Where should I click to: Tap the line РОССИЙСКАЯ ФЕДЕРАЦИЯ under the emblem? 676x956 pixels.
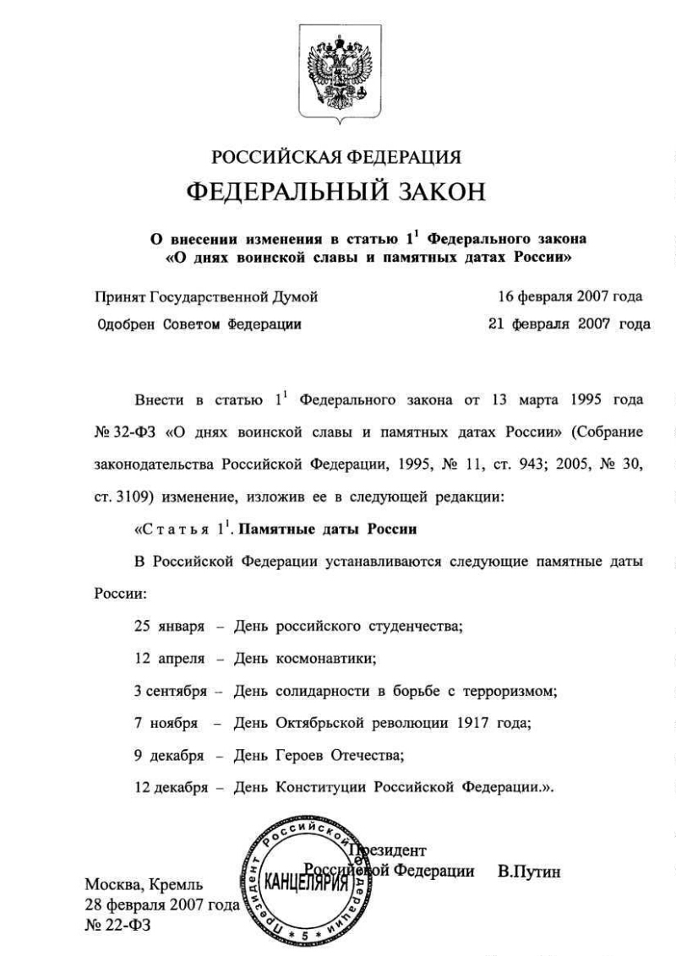[x=336, y=157]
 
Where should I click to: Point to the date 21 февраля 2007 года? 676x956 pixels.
[x=570, y=323]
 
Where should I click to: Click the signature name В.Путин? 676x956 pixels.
[x=530, y=871]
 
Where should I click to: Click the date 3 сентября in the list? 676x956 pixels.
[x=170, y=691]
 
